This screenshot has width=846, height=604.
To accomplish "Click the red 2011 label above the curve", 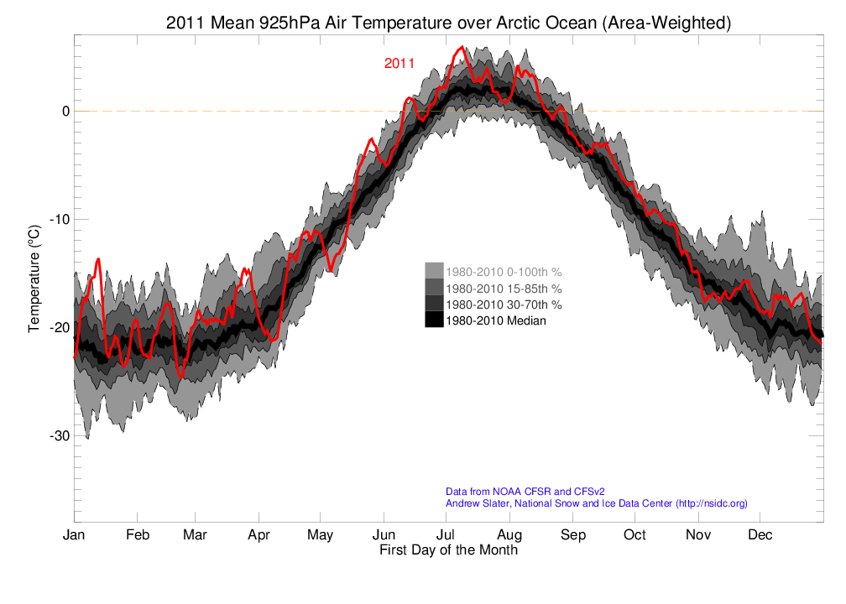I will (399, 63).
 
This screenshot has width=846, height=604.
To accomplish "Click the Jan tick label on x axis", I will (75, 535).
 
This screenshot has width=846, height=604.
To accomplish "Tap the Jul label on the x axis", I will (446, 535).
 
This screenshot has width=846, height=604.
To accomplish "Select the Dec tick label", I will (760, 535).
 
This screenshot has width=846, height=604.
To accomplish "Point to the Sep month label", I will (572, 535).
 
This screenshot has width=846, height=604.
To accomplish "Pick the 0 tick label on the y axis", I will (64, 111).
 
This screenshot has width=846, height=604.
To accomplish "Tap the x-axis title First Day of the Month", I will (448, 550).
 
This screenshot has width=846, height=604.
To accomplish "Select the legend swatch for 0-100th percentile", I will (433, 272).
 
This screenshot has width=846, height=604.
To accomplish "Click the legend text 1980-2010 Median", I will (495, 320).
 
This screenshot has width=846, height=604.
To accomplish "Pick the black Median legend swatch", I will (433, 320).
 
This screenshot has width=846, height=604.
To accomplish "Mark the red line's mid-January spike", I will (98, 259).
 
